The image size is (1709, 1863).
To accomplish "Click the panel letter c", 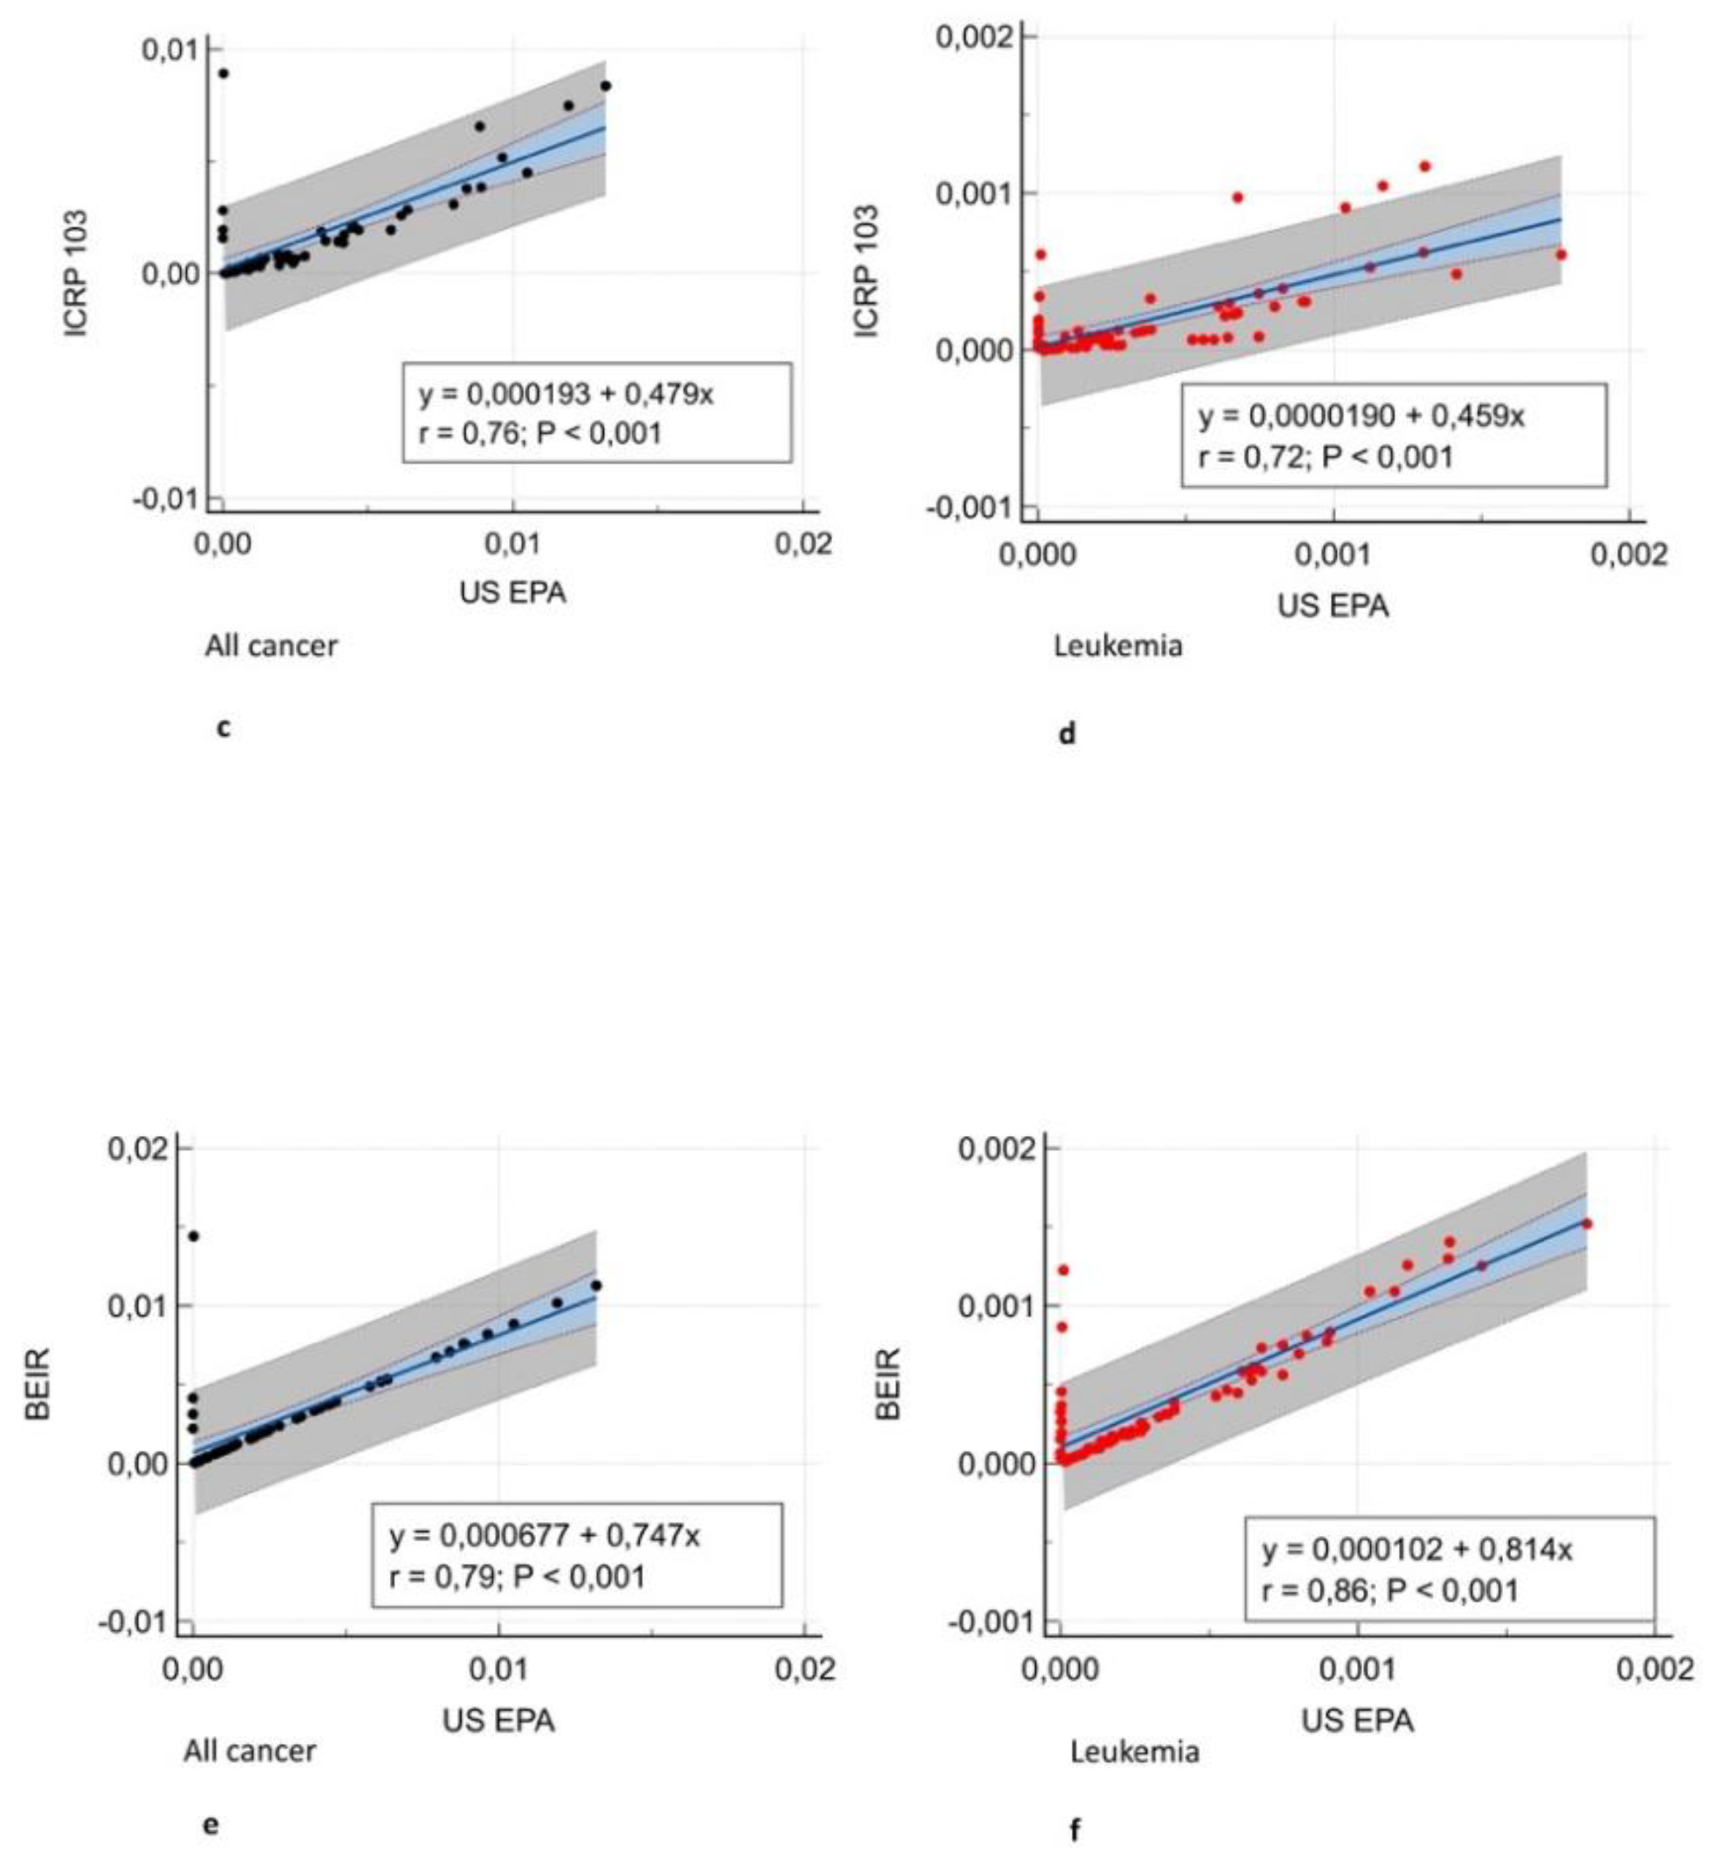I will [x=223, y=729].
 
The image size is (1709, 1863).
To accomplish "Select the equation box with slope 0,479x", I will [x=596, y=412].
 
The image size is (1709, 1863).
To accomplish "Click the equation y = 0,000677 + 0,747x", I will [x=545, y=1536].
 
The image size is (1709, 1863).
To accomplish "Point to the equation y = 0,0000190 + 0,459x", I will [x=1362, y=416].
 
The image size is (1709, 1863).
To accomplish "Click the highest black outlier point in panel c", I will [x=223, y=73].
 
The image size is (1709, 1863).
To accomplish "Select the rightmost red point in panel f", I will [x=1587, y=1224].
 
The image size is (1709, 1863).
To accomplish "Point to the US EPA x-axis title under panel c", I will [x=512, y=592].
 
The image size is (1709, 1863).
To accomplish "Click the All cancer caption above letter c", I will [x=271, y=645].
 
